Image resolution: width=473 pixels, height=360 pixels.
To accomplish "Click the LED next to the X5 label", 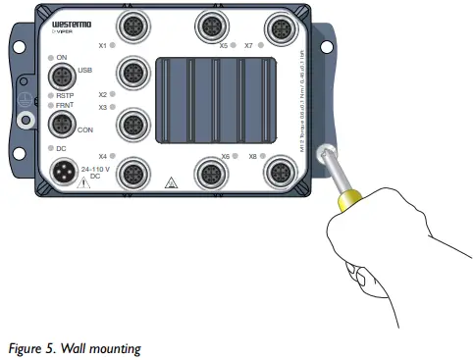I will [x=236, y=45].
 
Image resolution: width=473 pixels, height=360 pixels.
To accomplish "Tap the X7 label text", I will [x=249, y=45].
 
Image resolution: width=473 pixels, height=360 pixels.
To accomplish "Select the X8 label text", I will [x=252, y=156].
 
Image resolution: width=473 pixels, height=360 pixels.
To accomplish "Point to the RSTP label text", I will [x=68, y=95].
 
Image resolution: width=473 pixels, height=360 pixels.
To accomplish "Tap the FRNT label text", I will [x=65, y=104].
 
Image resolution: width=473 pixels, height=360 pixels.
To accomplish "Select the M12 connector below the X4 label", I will [x=132, y=175].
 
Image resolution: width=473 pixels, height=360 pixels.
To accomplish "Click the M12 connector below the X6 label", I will [x=209, y=175].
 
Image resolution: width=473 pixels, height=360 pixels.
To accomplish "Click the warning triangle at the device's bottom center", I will [x=172, y=182].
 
